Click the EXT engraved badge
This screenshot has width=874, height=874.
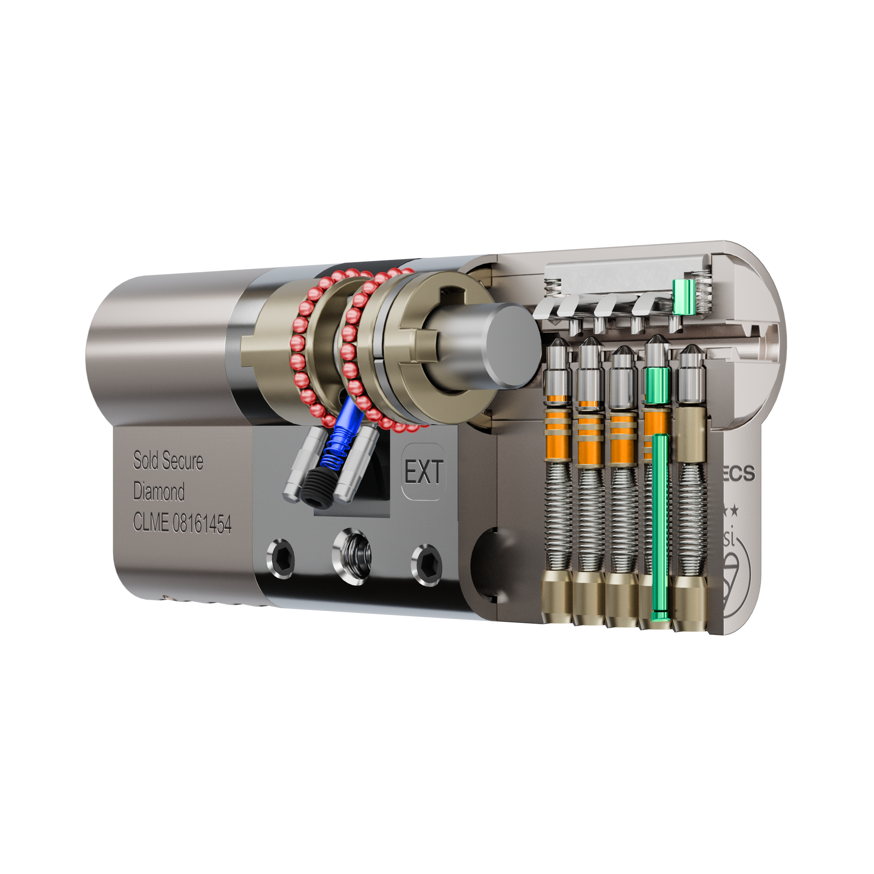(x=423, y=472)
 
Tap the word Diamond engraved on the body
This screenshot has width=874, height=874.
(x=159, y=492)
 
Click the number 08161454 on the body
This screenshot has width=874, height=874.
(x=202, y=524)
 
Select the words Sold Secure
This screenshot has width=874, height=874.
(x=168, y=461)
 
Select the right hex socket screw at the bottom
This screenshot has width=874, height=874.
(x=426, y=564)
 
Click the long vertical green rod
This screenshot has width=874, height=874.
(x=660, y=525)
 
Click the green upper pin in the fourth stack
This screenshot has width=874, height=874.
(x=658, y=385)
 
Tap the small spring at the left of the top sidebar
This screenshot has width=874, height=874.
(x=553, y=285)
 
